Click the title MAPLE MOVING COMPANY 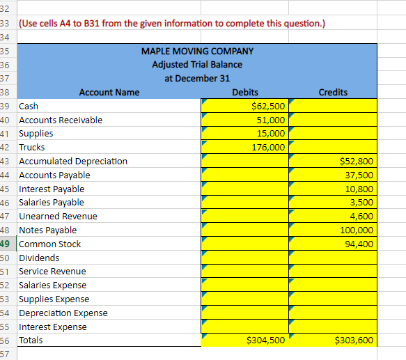[197, 51]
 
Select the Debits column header [245, 92]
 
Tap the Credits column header [333, 92]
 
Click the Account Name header [109, 92]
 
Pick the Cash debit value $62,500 [268, 106]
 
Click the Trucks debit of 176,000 [268, 147]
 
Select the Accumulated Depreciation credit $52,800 [357, 161]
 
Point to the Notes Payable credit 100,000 [357, 230]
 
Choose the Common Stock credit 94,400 [359, 244]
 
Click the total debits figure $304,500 [265, 340]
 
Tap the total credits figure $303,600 [354, 340]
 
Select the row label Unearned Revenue [58, 216]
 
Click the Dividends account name [39, 258]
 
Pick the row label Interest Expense [53, 327]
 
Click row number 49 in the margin [5, 244]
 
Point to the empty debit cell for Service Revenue [244, 271]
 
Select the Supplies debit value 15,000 [271, 134]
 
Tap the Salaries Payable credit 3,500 [361, 202]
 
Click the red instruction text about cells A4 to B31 [172, 24]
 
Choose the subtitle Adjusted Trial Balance [197, 65]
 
